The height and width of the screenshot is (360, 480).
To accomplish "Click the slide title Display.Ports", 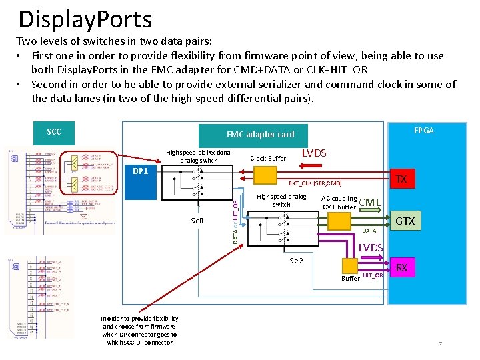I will tap(85, 19).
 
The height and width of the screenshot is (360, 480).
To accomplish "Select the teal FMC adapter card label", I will tap(260, 134).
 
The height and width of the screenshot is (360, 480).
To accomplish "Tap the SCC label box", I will tap(54, 132).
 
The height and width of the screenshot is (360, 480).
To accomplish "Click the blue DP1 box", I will tap(140, 171).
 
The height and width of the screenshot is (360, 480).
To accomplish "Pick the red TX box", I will tap(401, 179).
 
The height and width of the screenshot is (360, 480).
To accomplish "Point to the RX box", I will tap(401, 268).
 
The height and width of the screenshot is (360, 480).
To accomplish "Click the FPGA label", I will tap(423, 131).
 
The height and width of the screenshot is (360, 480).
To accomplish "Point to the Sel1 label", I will tap(197, 221).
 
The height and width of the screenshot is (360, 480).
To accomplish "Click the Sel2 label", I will tap(296, 260).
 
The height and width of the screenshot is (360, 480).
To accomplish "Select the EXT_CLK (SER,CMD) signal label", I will tap(315, 183).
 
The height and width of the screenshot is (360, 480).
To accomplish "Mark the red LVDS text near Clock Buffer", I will tap(314, 153).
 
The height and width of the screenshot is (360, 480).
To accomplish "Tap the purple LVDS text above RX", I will tap(371, 248).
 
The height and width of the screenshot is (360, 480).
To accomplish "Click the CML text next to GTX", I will tap(370, 203).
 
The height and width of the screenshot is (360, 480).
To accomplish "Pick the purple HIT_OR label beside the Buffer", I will tap(373, 275).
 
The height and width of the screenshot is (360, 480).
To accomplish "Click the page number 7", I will tap(440, 344).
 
